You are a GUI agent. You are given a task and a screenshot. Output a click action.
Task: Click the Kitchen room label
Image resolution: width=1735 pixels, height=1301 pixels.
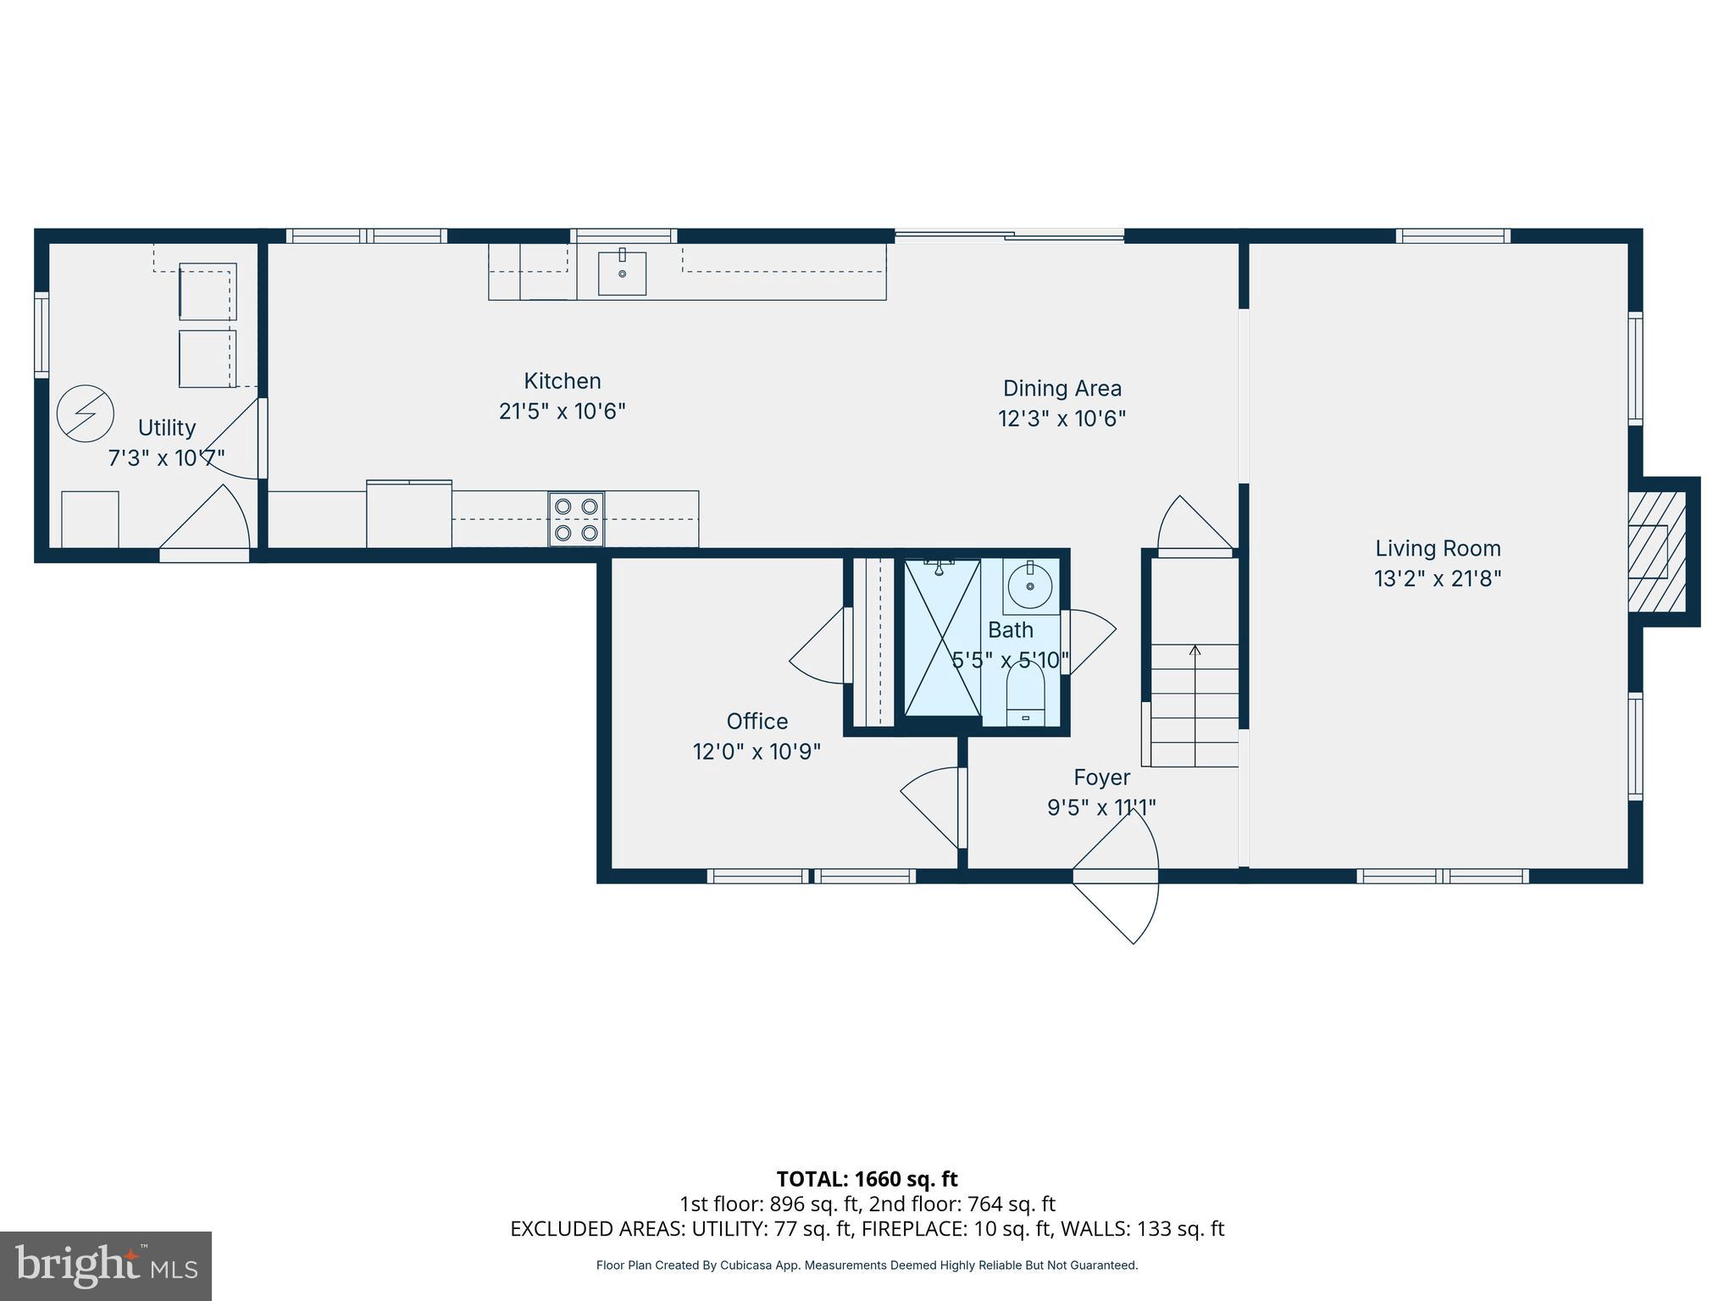(x=562, y=381)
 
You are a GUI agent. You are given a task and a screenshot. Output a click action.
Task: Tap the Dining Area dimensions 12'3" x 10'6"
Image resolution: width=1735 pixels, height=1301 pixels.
(x=1062, y=418)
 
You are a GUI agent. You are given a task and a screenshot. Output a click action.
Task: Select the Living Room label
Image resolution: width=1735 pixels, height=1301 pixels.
(x=1437, y=549)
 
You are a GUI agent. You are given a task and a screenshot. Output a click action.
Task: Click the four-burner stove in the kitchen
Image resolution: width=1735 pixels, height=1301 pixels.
(x=576, y=518)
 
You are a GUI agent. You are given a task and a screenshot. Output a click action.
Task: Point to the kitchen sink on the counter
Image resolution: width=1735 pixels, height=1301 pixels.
(x=622, y=273)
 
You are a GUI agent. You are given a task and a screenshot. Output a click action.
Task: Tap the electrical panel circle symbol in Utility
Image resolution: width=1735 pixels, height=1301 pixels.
(x=85, y=413)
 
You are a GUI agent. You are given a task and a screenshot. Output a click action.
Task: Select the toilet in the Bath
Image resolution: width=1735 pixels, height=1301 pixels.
(x=1025, y=695)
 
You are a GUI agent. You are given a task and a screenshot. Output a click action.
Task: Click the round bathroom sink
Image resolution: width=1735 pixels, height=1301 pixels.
(x=1030, y=585)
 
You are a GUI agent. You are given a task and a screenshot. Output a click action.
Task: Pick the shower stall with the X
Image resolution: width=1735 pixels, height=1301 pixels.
(x=941, y=638)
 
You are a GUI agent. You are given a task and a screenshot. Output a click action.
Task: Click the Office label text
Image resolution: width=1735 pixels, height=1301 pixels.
(x=757, y=722)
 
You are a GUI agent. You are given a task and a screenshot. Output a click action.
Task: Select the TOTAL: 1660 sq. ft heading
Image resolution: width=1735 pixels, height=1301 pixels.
(x=867, y=1179)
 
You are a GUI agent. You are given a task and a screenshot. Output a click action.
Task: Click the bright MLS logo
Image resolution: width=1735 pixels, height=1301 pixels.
(x=105, y=1265)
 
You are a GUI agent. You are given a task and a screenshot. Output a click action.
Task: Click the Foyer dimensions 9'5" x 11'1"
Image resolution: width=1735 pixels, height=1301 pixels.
(x=1100, y=808)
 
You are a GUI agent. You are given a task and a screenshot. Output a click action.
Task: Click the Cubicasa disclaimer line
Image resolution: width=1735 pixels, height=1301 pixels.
(x=867, y=1265)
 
